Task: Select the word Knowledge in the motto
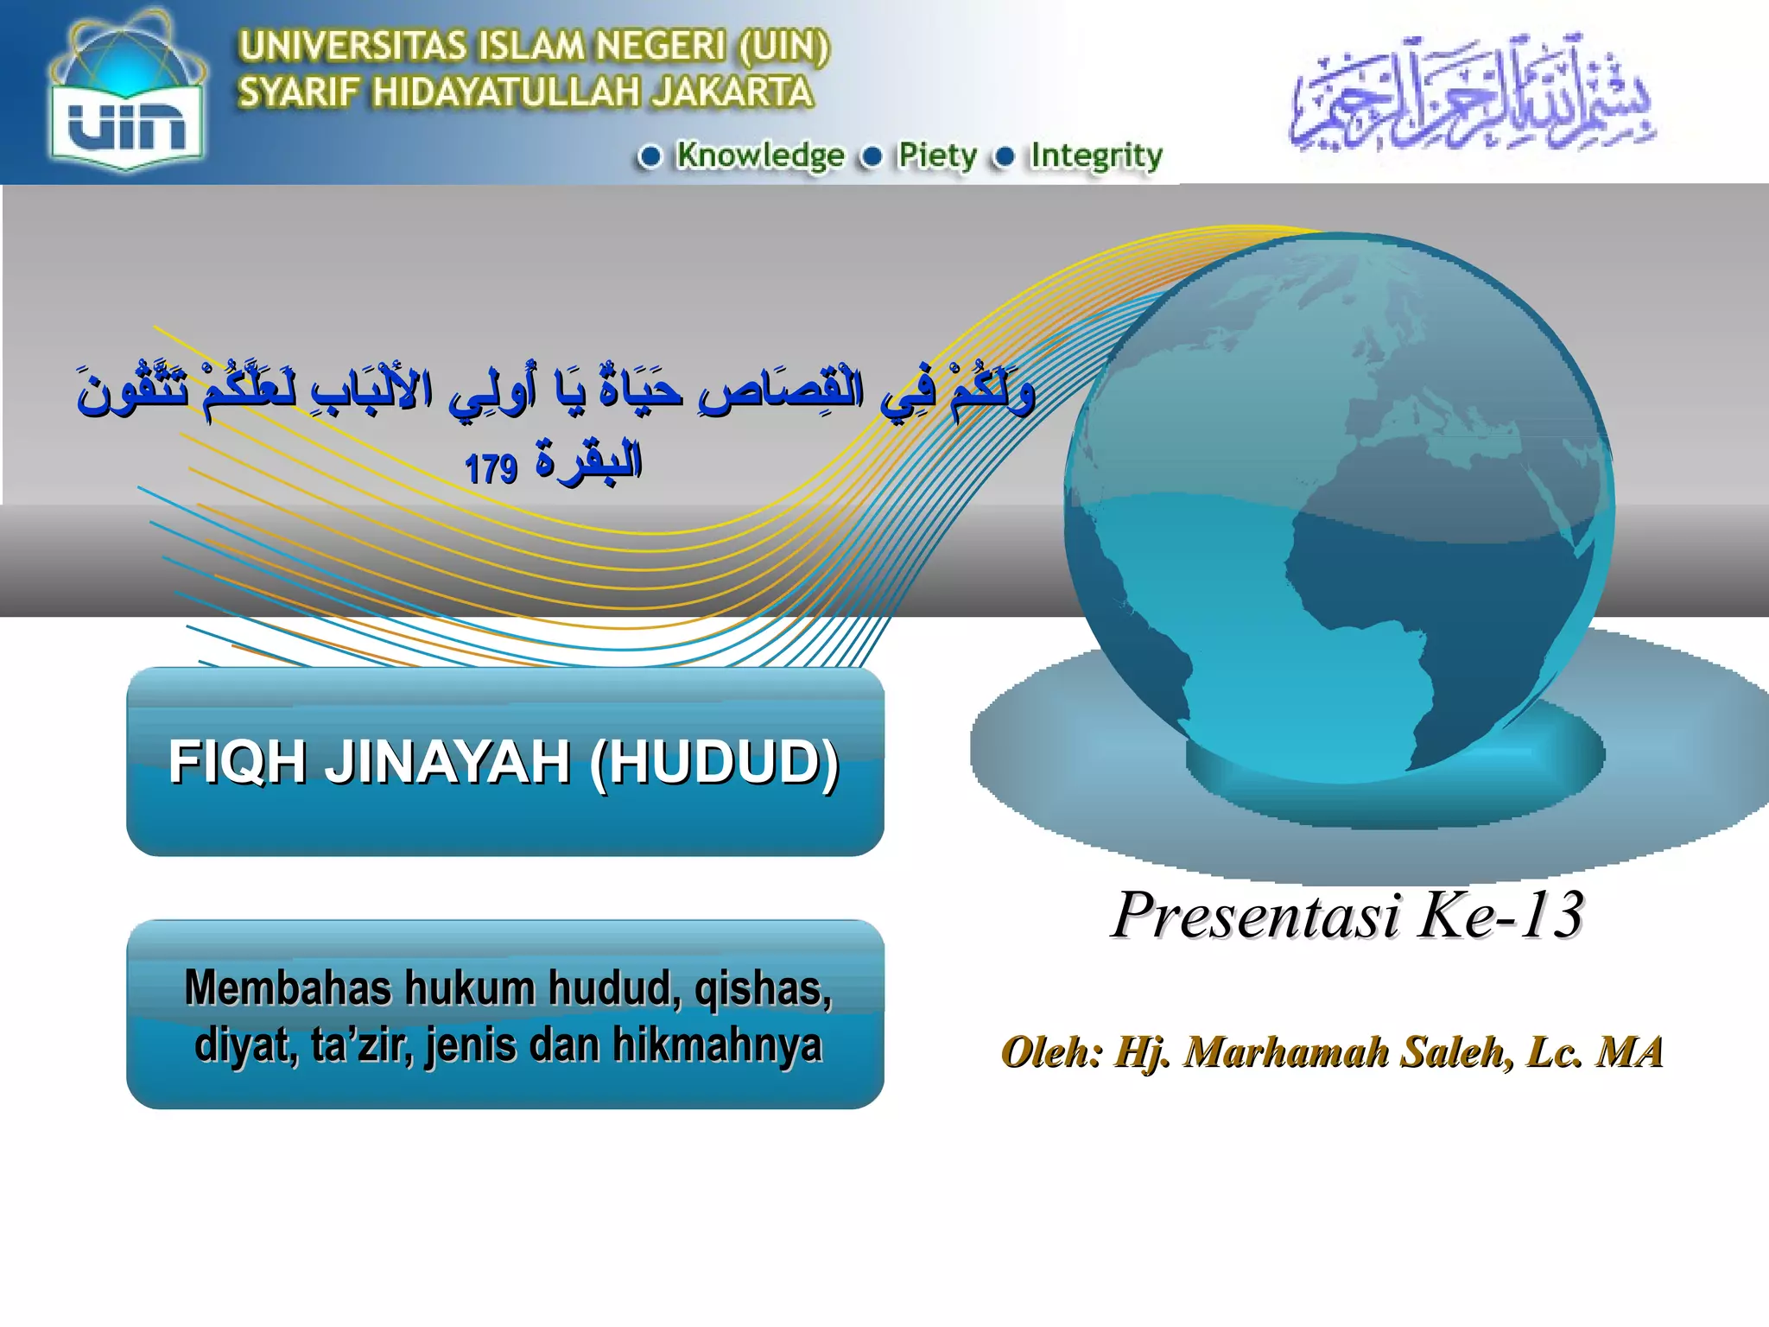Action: [x=759, y=156]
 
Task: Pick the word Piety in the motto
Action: [x=937, y=156]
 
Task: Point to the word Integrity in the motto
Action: [x=1096, y=156]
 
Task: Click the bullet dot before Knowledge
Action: [x=650, y=156]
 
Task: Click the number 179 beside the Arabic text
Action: [x=491, y=469]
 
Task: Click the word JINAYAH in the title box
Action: [x=447, y=762]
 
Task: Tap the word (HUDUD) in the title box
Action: [x=715, y=762]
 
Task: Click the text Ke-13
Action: [x=1502, y=915]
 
